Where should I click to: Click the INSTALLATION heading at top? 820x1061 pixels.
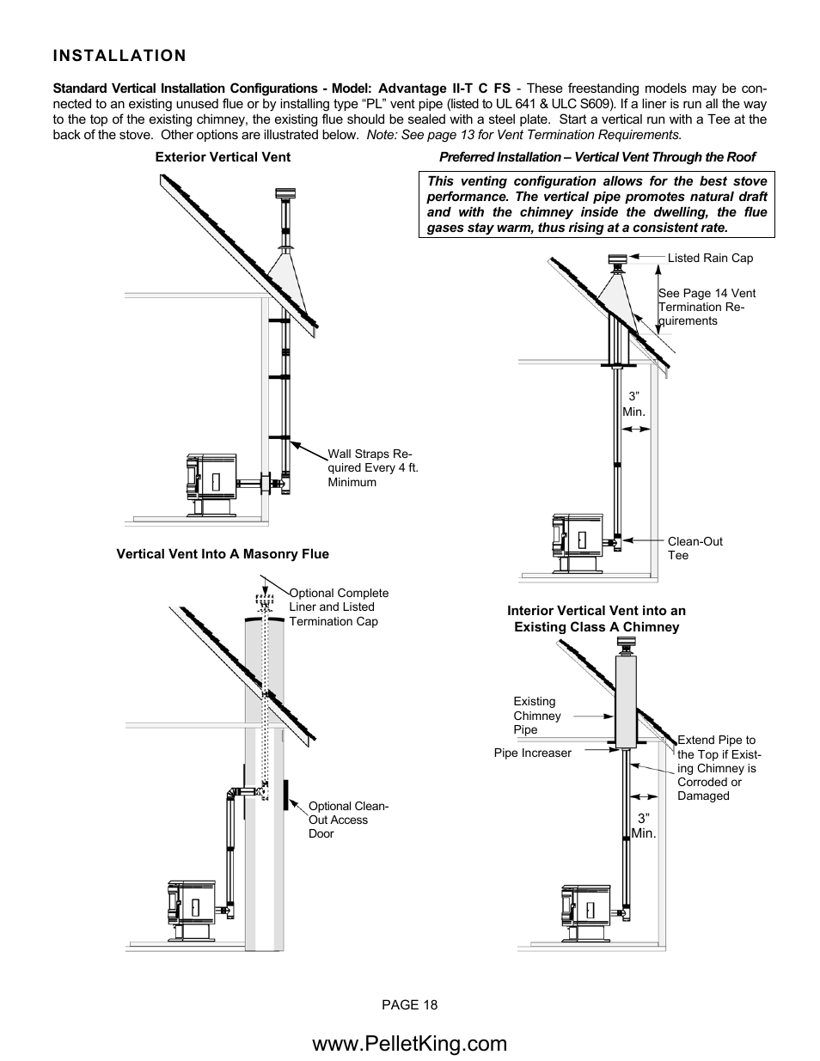[x=119, y=56]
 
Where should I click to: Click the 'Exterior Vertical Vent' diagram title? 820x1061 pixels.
[x=223, y=157]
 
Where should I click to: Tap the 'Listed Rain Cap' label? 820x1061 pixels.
[x=710, y=258]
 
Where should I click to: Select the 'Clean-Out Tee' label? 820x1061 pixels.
[x=695, y=548]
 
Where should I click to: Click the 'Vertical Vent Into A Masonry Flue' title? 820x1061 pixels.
[x=223, y=554]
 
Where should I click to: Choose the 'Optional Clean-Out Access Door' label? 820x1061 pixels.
[x=348, y=820]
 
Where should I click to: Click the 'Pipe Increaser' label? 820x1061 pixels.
[x=532, y=753]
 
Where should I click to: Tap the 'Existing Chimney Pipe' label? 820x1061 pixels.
[x=537, y=716]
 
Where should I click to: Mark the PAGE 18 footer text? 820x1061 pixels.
[x=410, y=1005]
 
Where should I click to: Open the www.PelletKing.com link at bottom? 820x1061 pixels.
[x=410, y=1043]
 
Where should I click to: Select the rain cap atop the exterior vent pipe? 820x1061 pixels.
[x=283, y=193]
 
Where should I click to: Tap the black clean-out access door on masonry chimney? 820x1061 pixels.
[x=285, y=795]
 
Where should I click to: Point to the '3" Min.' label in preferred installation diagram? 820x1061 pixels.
[x=633, y=405]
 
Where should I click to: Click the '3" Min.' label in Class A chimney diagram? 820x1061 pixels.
[x=643, y=826]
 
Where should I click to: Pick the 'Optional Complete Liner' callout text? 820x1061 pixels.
[x=339, y=607]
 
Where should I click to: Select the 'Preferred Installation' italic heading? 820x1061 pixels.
[x=597, y=157]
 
